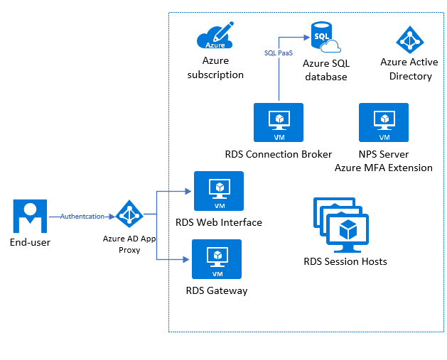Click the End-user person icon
tap(30, 216)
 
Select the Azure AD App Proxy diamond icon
tap(129, 214)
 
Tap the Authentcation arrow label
tap(82, 217)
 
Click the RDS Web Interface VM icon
tap(219, 191)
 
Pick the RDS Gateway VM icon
tap(217, 259)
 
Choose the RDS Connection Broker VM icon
tap(279, 122)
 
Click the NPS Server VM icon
tap(384, 122)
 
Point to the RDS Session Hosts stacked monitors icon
tap(341, 225)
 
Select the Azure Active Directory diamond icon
tap(410, 40)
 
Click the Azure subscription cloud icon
tap(215, 36)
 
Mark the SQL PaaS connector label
tap(279, 53)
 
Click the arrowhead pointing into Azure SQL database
tap(307, 38)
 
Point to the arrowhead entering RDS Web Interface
tap(188, 192)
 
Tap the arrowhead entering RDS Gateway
tap(186, 259)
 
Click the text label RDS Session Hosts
tap(345, 261)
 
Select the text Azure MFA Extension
tap(384, 168)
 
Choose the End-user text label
tap(30, 242)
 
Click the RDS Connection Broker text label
tap(279, 154)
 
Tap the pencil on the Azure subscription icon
tap(223, 31)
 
